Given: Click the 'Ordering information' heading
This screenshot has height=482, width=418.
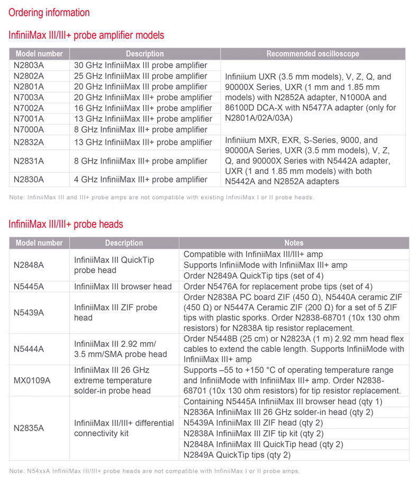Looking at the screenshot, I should click(x=49, y=13).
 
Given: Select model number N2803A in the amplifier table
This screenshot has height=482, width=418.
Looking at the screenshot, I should click(x=29, y=65).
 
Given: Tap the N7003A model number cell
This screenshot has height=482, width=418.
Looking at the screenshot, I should click(x=29, y=97).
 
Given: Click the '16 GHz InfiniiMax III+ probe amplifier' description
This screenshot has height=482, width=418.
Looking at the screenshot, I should click(x=143, y=108).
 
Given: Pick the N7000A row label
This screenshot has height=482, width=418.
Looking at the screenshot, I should click(x=29, y=129).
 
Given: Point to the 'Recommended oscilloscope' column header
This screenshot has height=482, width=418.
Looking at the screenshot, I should click(x=313, y=54).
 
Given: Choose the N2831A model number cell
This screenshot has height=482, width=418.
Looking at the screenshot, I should click(x=29, y=161).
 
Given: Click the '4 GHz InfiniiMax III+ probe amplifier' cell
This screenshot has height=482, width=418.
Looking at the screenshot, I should click(x=141, y=180).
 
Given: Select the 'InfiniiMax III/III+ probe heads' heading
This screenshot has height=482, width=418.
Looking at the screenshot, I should click(x=66, y=224).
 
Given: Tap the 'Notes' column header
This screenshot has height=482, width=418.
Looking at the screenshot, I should click(x=294, y=243).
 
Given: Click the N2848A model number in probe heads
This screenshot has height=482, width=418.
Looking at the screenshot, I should click(x=29, y=265).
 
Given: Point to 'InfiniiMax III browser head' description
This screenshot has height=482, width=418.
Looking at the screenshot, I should click(x=123, y=287).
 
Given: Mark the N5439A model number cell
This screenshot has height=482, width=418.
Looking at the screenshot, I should click(x=29, y=313).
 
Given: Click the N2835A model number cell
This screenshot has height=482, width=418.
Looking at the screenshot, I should click(x=29, y=428).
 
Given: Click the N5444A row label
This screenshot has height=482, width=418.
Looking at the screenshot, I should click(x=29, y=349).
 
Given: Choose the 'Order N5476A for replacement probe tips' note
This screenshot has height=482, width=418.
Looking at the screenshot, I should click(x=278, y=287).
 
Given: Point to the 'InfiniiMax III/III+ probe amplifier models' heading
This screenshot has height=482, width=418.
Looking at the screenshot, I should click(x=86, y=35).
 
